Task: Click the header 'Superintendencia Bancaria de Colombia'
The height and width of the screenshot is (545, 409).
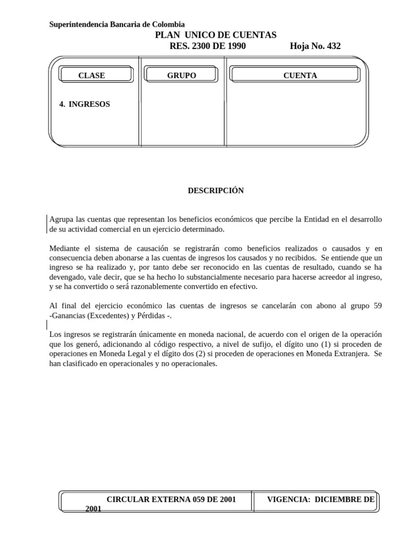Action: pyautogui.click(x=117, y=24)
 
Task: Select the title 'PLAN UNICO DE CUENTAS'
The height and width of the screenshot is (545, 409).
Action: pyautogui.click(x=215, y=35)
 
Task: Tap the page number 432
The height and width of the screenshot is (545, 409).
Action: pyautogui.click(x=333, y=46)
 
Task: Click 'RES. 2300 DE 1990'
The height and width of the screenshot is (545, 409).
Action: pyautogui.click(x=207, y=46)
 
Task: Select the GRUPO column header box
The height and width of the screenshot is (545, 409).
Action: pyautogui.click(x=182, y=76)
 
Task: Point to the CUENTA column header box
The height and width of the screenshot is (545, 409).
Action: pyautogui.click(x=300, y=76)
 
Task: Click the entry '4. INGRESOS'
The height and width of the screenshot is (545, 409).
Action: pyautogui.click(x=85, y=104)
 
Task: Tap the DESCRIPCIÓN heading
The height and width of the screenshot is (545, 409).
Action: pyautogui.click(x=215, y=191)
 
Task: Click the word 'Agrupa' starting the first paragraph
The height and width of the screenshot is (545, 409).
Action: pyautogui.click(x=61, y=220)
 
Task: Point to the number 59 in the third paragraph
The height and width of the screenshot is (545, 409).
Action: pyautogui.click(x=377, y=306)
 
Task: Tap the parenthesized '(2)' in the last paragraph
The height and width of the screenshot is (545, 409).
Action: pyautogui.click(x=205, y=354)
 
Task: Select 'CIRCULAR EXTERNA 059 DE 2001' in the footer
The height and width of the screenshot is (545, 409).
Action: pyautogui.click(x=171, y=499)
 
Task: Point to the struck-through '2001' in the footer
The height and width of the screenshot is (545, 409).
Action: pyautogui.click(x=93, y=509)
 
